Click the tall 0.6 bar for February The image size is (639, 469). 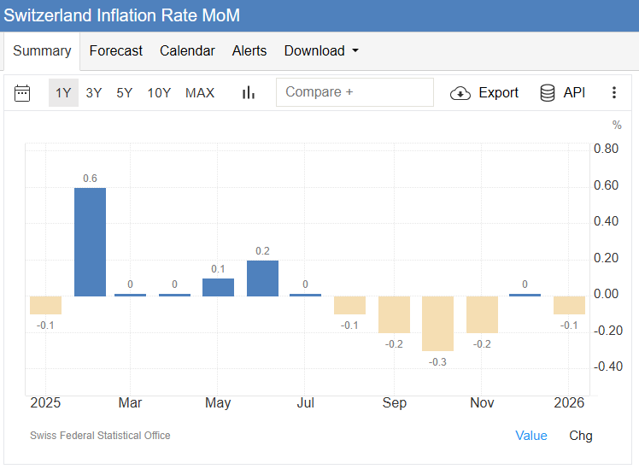click(90, 242)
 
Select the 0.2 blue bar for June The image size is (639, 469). click(262, 278)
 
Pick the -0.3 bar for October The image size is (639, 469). click(437, 323)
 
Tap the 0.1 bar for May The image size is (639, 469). click(218, 287)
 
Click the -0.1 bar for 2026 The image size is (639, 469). click(569, 305)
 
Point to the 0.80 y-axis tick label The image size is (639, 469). click(606, 149)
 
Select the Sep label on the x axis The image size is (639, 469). click(395, 403)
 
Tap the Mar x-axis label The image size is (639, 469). click(130, 403)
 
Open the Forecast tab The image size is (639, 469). click(115, 51)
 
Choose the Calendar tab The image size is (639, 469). click(187, 51)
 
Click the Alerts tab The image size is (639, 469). click(249, 51)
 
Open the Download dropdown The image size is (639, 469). click(321, 51)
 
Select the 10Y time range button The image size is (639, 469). click(159, 92)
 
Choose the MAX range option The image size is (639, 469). click(200, 92)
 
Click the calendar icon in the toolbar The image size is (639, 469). click(22, 92)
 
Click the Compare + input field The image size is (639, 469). click(355, 92)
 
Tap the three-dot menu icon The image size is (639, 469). click(613, 92)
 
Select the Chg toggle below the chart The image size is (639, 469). click(581, 436)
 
